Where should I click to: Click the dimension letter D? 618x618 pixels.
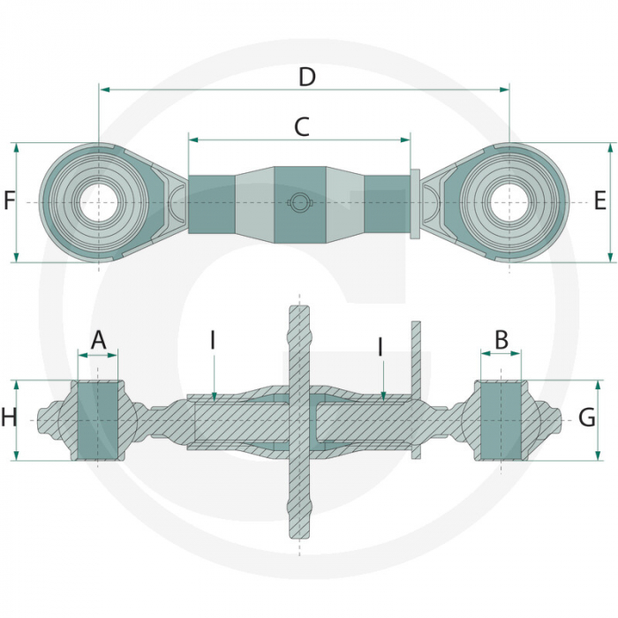[x=307, y=77]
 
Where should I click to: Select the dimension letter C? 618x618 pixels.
[x=302, y=127]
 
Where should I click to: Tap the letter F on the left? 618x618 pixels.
[x=9, y=200]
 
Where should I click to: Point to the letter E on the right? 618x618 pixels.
[x=599, y=200]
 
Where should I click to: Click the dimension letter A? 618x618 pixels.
[x=99, y=340]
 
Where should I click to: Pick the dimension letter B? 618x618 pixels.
[x=501, y=340]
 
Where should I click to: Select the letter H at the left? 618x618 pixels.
[x=9, y=418]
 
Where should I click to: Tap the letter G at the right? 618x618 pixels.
[x=587, y=418]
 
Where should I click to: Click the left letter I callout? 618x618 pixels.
[x=213, y=340]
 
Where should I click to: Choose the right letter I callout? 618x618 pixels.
[x=381, y=347]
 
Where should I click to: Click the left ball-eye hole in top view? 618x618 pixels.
[x=99, y=202]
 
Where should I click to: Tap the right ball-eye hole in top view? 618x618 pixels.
[x=509, y=202]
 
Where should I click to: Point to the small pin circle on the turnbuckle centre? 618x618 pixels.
[x=300, y=202]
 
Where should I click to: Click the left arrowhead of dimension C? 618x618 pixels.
[x=192, y=139]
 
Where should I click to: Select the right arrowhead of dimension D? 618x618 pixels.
[x=505, y=90]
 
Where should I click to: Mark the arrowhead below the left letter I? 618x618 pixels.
[x=214, y=396]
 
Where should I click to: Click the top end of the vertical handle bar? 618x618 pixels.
[x=299, y=305]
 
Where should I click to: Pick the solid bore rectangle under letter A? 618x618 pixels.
[x=98, y=420]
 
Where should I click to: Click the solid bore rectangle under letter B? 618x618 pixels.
[x=501, y=420]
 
